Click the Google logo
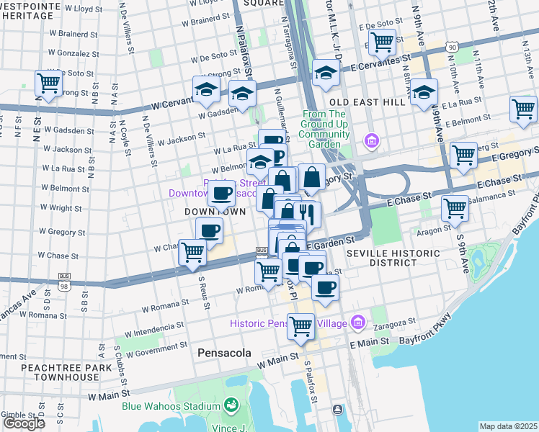coord(23,423)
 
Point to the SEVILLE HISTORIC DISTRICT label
coord(393,260)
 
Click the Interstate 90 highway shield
coord(452,47)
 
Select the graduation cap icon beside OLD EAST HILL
coord(424,91)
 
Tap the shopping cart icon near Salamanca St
coord(455,208)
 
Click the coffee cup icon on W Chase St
coord(209,230)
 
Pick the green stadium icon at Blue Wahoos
coord(232,405)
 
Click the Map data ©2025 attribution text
coord(509,426)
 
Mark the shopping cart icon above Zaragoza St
coord(300,325)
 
